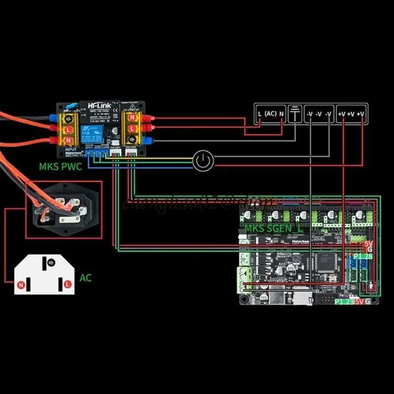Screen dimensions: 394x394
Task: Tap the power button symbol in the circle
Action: pyautogui.click(x=203, y=161)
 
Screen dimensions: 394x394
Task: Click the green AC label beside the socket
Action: pyautogui.click(x=85, y=278)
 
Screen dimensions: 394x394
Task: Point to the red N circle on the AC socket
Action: pyautogui.click(x=21, y=285)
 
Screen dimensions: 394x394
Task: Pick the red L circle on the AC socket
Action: pyautogui.click(x=66, y=285)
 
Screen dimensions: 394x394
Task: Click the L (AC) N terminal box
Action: pyautogui.click(x=270, y=114)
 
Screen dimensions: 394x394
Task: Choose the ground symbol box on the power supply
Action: pyautogui.click(x=294, y=114)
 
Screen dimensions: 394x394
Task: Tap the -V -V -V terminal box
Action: pyautogui.click(x=318, y=114)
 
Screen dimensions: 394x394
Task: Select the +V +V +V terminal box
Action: pyautogui.click(x=352, y=114)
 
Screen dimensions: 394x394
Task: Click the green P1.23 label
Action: pyautogui.click(x=344, y=301)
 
